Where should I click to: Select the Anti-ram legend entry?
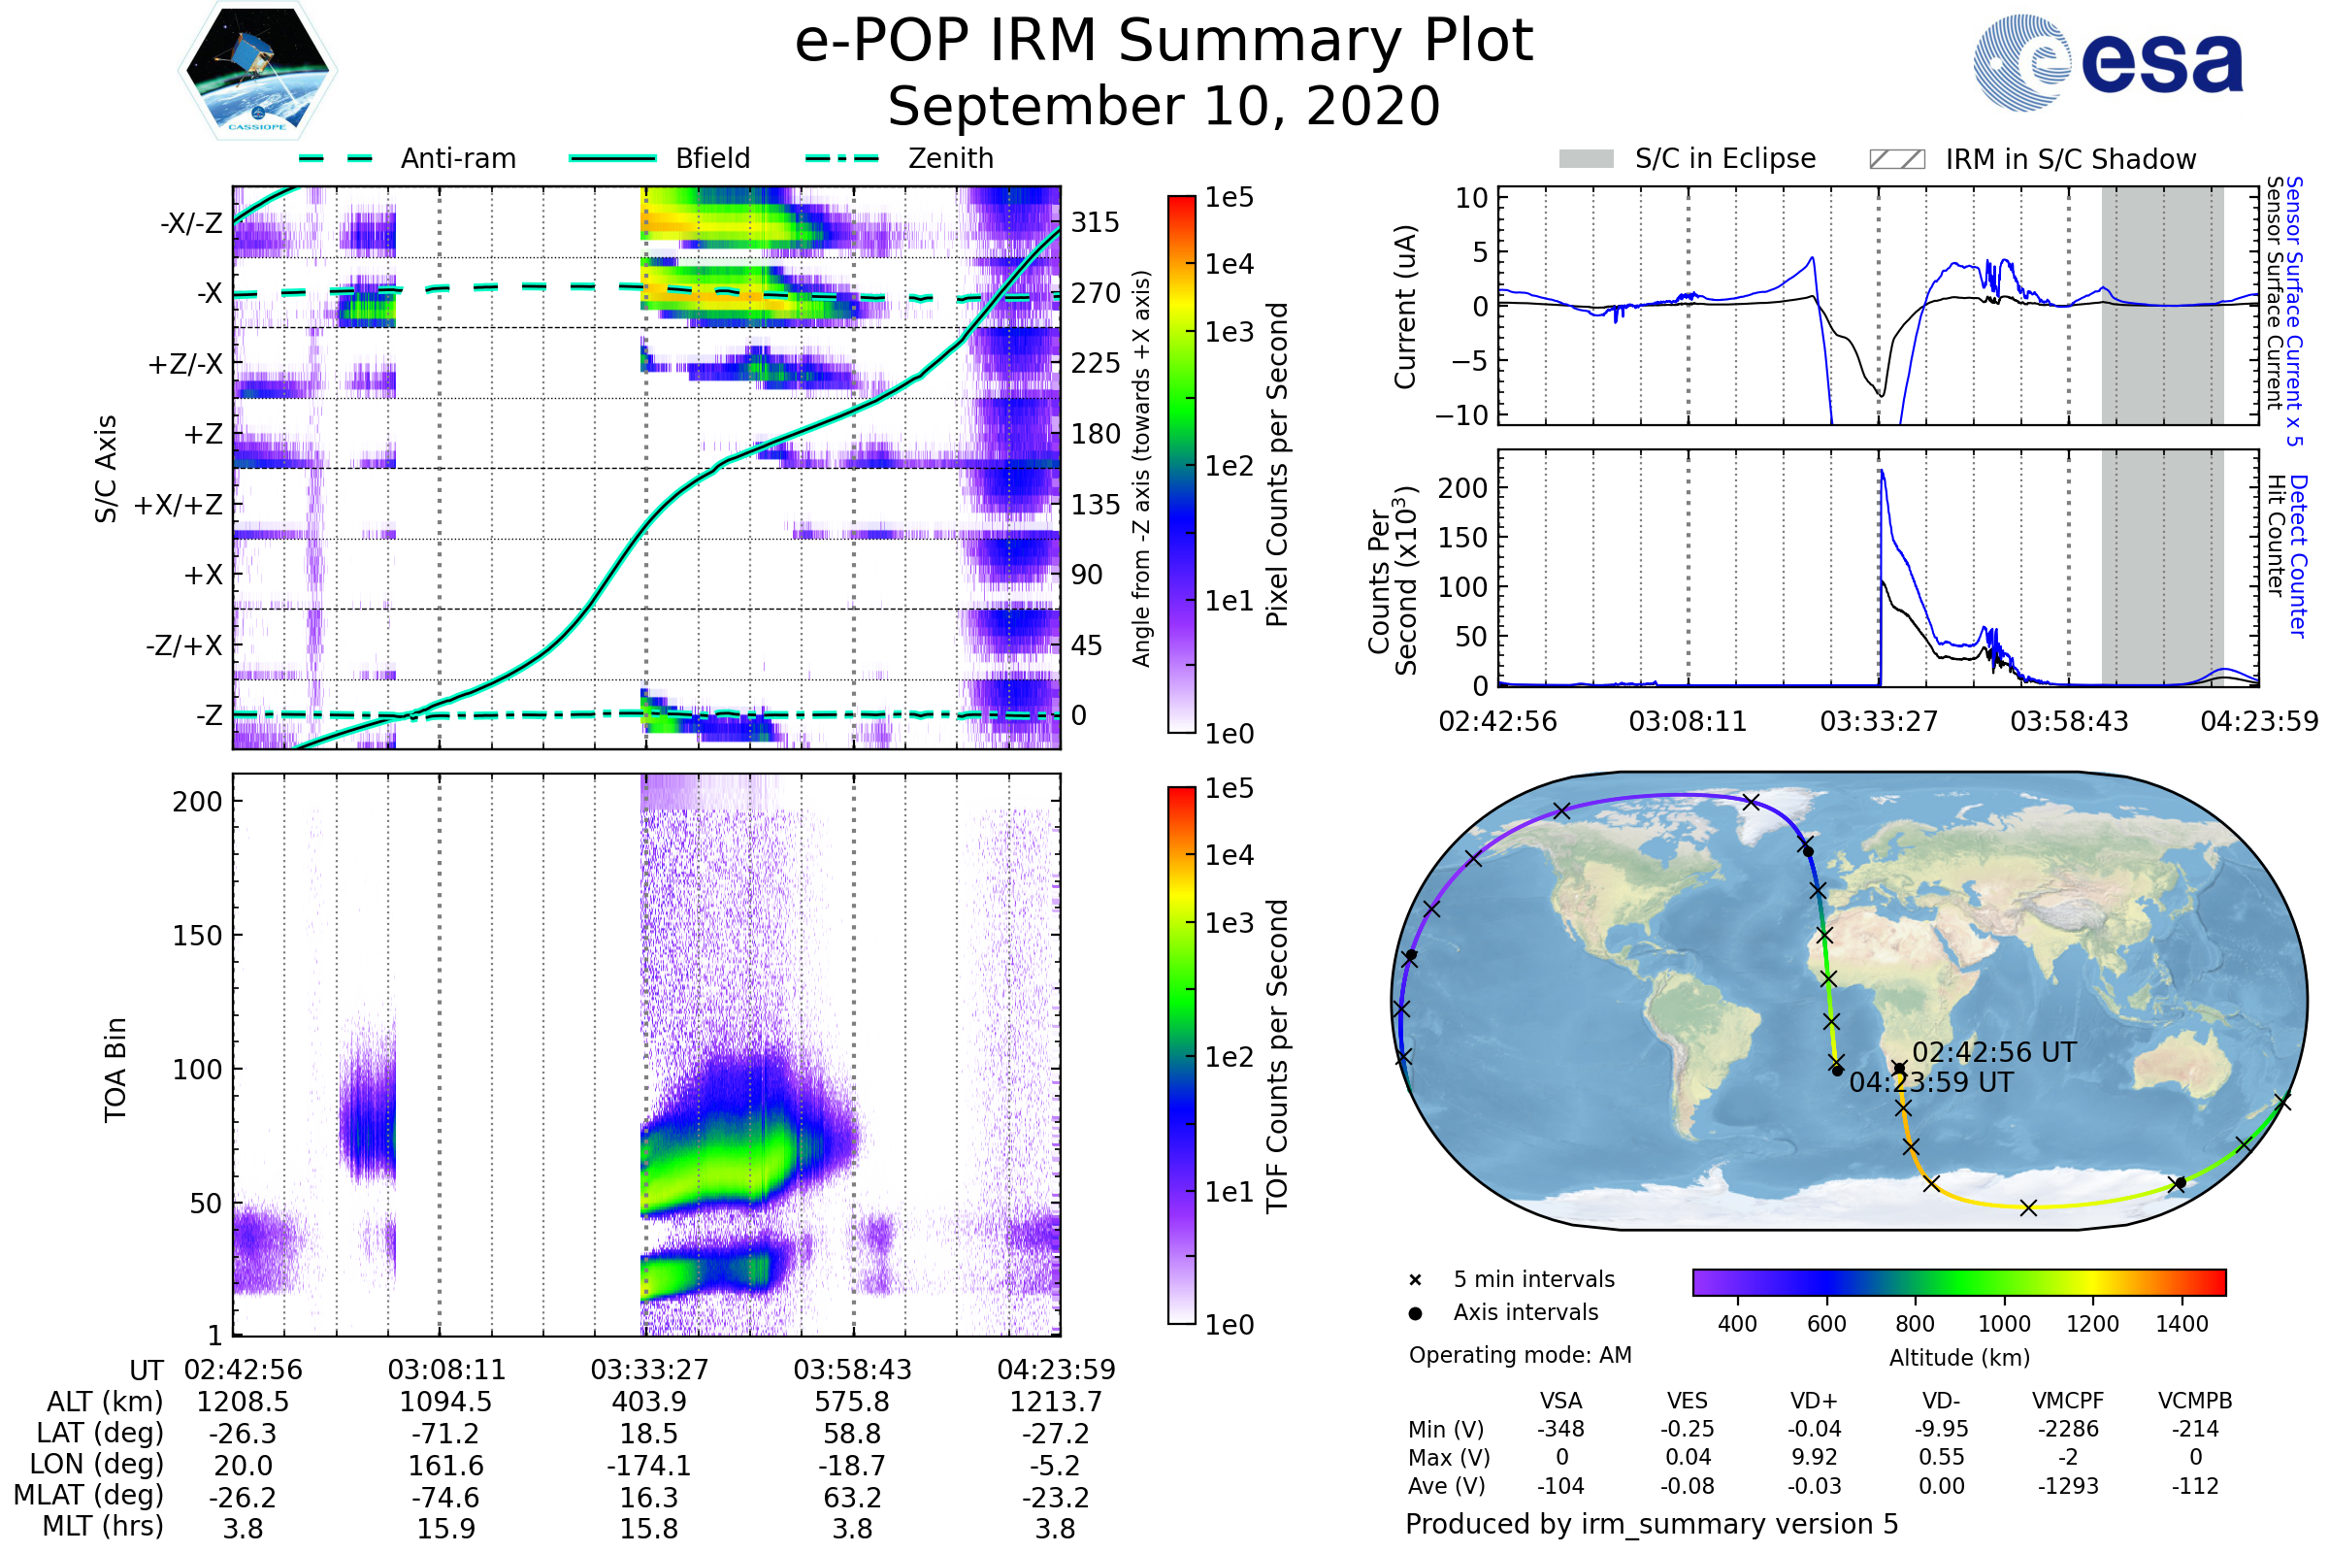coord(408,158)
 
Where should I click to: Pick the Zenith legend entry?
coord(900,158)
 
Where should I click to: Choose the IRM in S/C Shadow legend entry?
coord(2032,159)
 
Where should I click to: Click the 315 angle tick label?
coord(1096,223)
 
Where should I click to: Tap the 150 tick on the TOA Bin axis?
coord(197,936)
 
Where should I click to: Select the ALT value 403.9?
coord(648,1403)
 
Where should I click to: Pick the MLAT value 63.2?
coord(853,1498)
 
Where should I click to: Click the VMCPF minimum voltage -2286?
coord(2068,1429)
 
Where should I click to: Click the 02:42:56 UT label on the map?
coord(1993,1053)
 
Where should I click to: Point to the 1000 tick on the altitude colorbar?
coord(2003,1324)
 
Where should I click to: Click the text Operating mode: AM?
coord(1520,1355)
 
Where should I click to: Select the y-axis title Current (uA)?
coord(1405,307)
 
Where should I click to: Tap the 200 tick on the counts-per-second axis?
coord(1462,488)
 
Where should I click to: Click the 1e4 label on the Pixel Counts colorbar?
coord(1229,264)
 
